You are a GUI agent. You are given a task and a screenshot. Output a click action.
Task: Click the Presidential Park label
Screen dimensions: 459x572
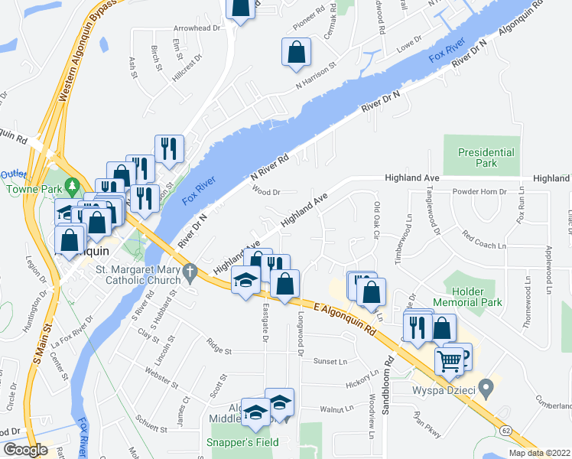point(487,158)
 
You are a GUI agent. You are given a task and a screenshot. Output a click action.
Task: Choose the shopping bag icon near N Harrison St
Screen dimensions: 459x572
point(296,53)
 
